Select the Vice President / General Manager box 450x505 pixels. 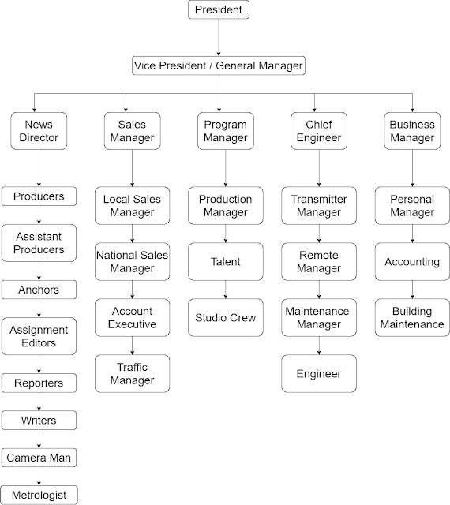[219, 66]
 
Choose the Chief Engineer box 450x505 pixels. [318, 130]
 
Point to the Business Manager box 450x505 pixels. [411, 130]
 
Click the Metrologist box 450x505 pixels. [39, 495]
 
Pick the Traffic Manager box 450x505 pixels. [132, 374]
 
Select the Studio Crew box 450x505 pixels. [225, 318]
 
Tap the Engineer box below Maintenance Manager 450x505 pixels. [318, 373]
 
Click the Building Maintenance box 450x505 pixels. [411, 317]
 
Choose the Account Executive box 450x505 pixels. [132, 317]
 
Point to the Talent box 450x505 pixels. [225, 262]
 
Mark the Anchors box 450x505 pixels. [39, 290]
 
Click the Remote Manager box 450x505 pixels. [318, 262]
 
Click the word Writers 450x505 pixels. [39, 420]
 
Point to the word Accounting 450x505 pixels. [411, 262]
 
